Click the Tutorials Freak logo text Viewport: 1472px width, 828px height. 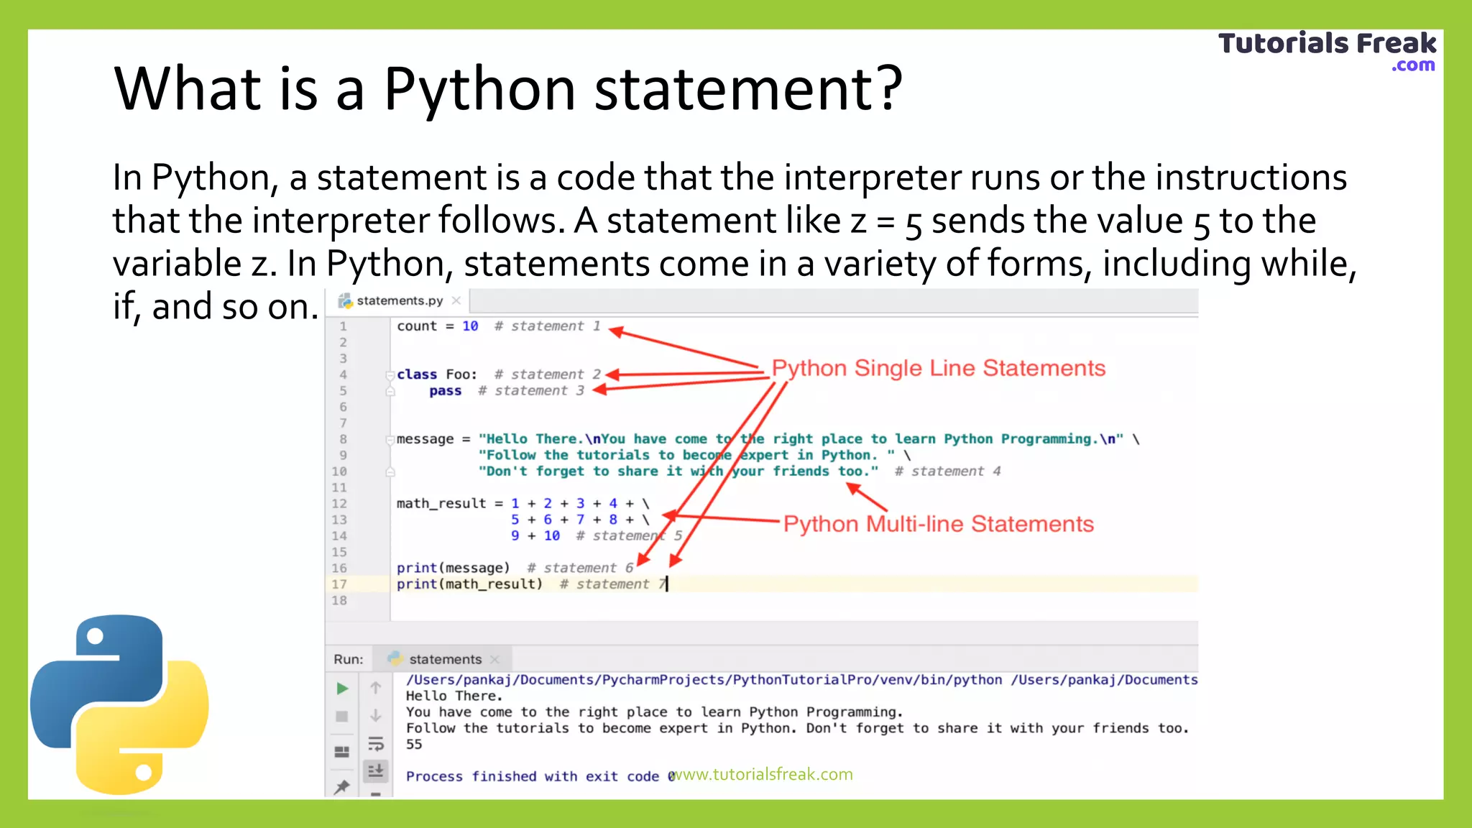pos(1327,45)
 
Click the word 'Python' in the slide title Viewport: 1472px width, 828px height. pos(479,89)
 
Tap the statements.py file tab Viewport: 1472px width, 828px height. pos(400,300)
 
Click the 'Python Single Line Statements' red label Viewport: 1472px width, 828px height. pos(938,368)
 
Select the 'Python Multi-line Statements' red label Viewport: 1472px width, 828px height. pos(938,524)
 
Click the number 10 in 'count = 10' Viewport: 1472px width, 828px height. pos(470,326)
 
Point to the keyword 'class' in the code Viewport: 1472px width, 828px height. pos(417,374)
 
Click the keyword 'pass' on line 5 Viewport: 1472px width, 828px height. pos(446,391)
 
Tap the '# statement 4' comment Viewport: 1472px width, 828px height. pos(947,471)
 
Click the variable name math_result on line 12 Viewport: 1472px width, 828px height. pos(441,504)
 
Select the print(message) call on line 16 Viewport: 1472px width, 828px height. pos(453,569)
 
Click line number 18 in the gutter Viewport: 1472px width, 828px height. pos(339,601)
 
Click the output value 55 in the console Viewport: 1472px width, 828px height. pos(414,745)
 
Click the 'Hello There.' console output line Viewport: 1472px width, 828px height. pos(454,696)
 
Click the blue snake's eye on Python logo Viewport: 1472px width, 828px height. pos(95,636)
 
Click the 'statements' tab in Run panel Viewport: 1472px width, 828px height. pos(445,660)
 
